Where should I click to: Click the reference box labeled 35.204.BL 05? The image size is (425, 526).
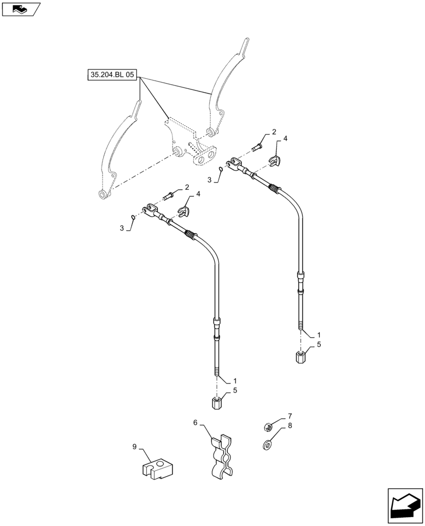(x=111, y=76)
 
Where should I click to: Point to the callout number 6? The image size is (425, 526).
(x=195, y=422)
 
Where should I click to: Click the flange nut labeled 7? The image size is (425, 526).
(x=267, y=427)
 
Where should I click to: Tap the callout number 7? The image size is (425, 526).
(x=289, y=416)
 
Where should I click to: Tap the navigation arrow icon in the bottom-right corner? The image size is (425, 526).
(x=404, y=505)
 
